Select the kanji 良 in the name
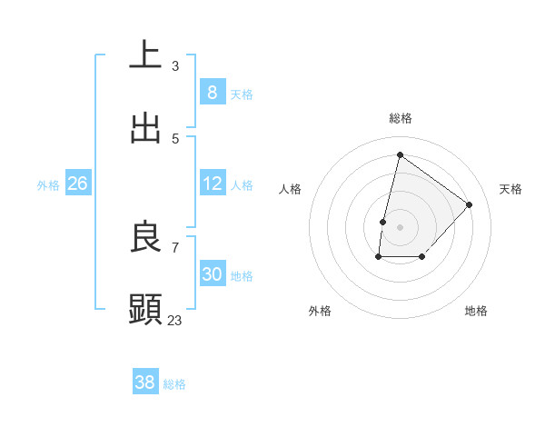click(145, 237)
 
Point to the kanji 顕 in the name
click(145, 310)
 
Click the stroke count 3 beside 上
click(174, 65)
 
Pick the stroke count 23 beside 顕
click(174, 320)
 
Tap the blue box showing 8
click(212, 92)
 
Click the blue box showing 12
click(212, 184)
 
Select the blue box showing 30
click(212, 274)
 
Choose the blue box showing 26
click(77, 184)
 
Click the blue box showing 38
click(145, 382)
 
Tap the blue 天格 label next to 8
click(242, 94)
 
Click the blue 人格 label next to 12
click(242, 185)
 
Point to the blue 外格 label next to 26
click(48, 185)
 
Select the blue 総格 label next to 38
click(174, 384)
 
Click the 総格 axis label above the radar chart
click(400, 118)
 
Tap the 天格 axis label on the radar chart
click(510, 189)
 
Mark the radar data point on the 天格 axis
click(469, 204)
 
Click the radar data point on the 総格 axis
click(400, 154)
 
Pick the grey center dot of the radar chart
click(400, 226)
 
